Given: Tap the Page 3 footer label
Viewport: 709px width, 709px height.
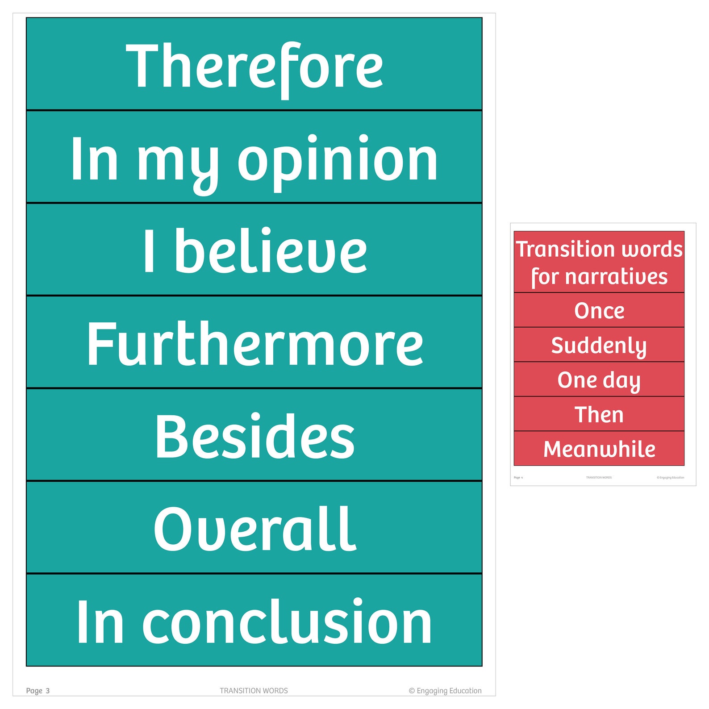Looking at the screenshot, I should pos(38,691).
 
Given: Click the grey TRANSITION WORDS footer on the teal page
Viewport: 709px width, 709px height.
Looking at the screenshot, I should pos(254,691).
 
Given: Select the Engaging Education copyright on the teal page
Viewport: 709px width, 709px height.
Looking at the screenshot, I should pos(445,691).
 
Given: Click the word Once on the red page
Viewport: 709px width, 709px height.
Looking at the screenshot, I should pos(599,311).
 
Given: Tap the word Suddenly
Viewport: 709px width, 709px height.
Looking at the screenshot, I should pos(599,346).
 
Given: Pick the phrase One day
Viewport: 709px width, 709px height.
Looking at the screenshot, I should pos(599,380).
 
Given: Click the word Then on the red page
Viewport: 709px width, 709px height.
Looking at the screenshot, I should pos(599,415).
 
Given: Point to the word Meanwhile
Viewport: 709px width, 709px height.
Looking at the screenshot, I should pos(599,449).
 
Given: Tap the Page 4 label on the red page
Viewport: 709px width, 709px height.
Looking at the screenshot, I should pos(518,478).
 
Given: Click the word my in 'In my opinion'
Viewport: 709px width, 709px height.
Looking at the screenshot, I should pos(178,162).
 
